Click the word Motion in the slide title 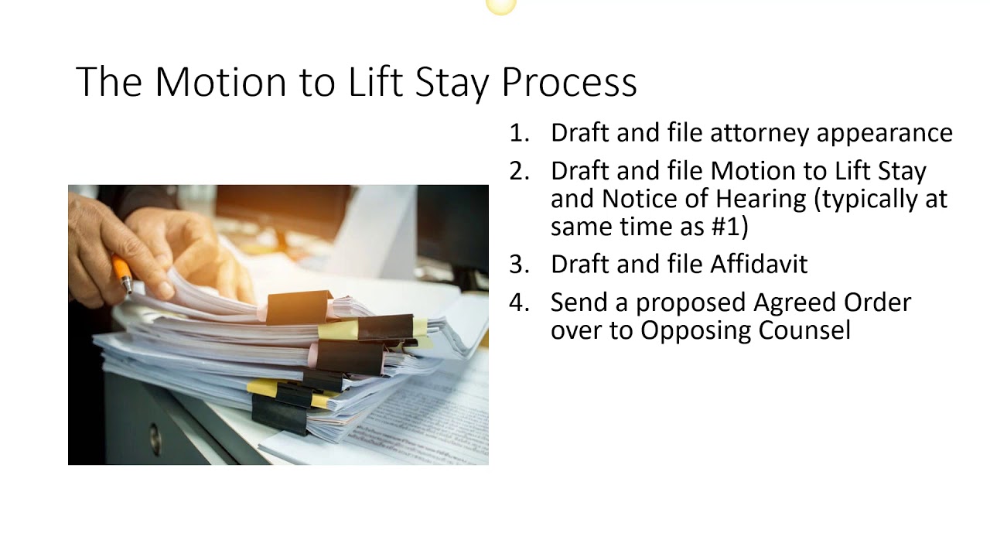220,81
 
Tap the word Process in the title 568,81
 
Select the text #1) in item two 729,227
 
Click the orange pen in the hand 122,272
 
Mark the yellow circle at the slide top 500,6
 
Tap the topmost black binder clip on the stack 298,306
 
